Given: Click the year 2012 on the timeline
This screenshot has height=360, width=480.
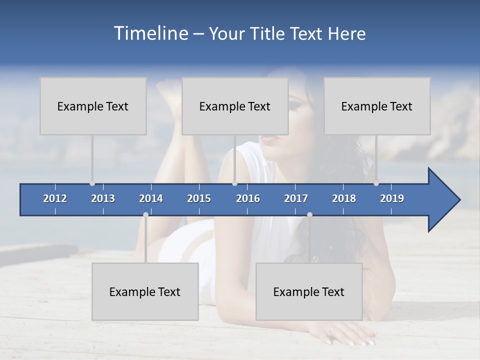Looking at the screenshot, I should [x=55, y=198].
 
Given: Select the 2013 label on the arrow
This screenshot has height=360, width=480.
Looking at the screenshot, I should [x=103, y=198].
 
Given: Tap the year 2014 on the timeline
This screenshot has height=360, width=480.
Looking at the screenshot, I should [x=151, y=198].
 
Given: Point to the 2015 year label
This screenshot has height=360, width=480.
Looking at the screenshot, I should [x=199, y=198].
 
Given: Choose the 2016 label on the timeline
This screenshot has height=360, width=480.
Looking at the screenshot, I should [x=248, y=198].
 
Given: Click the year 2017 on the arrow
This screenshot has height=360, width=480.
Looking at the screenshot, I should [x=296, y=198].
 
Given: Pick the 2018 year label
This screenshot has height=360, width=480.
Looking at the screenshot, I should [x=344, y=198].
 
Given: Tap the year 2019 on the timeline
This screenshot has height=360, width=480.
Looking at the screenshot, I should [x=392, y=198].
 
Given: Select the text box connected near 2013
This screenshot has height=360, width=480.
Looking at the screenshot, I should [x=93, y=106].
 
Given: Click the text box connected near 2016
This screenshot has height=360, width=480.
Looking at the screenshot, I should [x=235, y=106].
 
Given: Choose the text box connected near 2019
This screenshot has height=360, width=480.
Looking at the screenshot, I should [x=377, y=106].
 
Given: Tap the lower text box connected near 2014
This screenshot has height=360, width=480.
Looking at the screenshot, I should [x=145, y=291].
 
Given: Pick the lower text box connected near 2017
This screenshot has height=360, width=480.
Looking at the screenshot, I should [x=309, y=291].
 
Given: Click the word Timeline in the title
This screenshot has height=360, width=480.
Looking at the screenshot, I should [x=151, y=33].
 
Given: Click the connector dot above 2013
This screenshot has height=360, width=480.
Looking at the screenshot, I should [x=92, y=183].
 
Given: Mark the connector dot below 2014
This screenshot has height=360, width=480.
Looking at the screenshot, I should [x=145, y=214].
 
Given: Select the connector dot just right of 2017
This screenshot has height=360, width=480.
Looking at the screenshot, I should [x=309, y=214].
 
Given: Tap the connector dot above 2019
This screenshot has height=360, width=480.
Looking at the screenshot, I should [x=376, y=183].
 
